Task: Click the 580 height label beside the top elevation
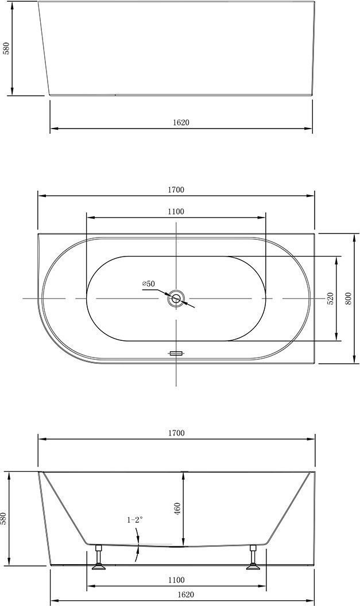pyautogui.click(x=6, y=48)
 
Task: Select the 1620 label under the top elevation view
pyautogui.click(x=181, y=122)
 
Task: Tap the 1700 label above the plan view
pyautogui.click(x=176, y=190)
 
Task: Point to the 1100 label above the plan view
pyautogui.click(x=176, y=211)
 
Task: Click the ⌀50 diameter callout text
pyautogui.click(x=149, y=283)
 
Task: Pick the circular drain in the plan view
pyautogui.click(x=176, y=298)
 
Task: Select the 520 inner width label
pyautogui.click(x=330, y=298)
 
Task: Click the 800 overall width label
pyautogui.click(x=348, y=298)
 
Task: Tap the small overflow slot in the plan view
pyautogui.click(x=176, y=353)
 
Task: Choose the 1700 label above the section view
pyautogui.click(x=176, y=433)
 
